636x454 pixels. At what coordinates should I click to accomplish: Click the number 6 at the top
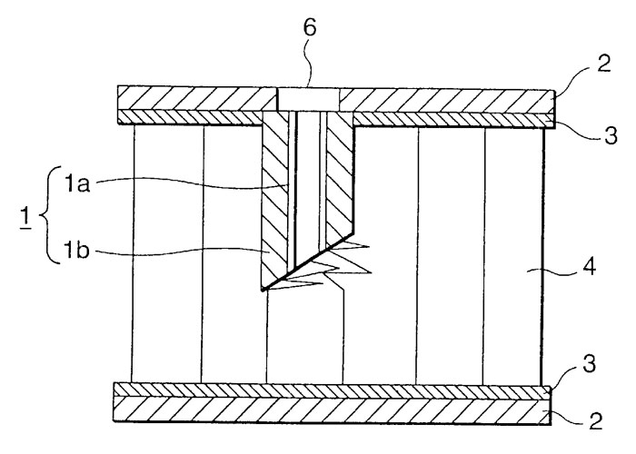(310, 28)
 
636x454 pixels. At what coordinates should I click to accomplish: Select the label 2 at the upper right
(603, 64)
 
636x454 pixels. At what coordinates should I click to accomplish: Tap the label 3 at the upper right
(611, 135)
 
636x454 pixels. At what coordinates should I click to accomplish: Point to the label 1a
(77, 184)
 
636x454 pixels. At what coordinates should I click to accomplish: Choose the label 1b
(77, 252)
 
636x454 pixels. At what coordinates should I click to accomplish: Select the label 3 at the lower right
(589, 363)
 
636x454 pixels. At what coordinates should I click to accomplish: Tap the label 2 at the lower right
(596, 420)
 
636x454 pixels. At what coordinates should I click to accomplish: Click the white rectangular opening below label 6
(308, 99)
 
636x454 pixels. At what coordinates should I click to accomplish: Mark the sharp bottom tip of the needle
(263, 290)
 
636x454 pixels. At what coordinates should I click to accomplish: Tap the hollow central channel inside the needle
(308, 186)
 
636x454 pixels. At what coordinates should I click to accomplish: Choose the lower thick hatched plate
(332, 410)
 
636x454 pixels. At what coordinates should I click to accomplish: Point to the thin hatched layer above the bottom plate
(332, 390)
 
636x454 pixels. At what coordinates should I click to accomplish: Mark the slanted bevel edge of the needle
(308, 262)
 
